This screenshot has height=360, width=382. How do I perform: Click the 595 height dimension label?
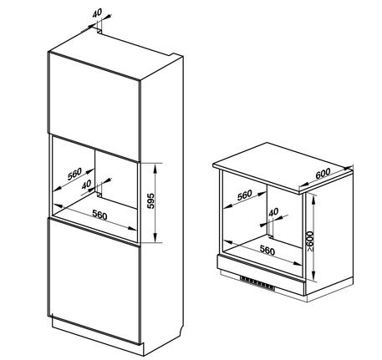150,200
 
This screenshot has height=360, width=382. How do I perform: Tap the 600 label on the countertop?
323,174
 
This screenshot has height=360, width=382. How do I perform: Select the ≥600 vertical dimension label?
310,241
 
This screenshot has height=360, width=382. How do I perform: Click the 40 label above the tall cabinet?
97,13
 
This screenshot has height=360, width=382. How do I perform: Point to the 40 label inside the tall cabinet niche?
86,184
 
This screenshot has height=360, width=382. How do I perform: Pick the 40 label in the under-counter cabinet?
273,212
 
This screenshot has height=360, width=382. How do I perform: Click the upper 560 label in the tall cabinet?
74,174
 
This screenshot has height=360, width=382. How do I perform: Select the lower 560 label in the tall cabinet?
99,215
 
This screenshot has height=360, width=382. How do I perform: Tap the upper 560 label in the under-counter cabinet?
245,195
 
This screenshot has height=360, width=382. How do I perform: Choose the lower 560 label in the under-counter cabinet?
267,251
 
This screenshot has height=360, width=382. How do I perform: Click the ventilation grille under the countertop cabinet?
257,282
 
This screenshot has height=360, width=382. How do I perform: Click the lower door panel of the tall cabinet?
94,281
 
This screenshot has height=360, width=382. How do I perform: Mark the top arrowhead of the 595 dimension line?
155,166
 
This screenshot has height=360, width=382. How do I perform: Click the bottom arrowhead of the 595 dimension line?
155,239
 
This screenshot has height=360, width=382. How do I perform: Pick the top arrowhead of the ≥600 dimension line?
314,197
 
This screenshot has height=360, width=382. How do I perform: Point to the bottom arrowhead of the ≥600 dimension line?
314,276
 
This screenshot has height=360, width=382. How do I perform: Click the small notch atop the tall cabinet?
99,31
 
